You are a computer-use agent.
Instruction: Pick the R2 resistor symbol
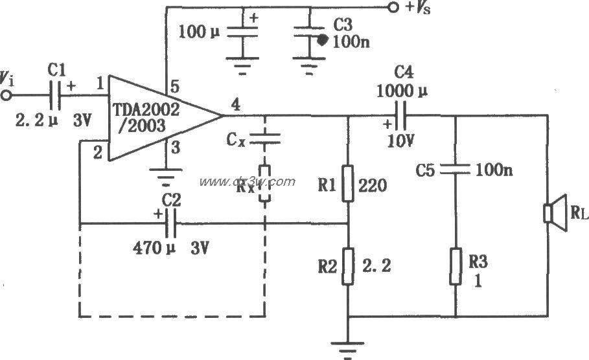349,266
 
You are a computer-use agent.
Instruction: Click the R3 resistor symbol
456,265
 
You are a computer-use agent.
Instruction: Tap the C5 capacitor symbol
456,169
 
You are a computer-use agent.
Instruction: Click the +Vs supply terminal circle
391,8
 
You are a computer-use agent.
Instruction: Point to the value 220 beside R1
373,186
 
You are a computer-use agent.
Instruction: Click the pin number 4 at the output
235,104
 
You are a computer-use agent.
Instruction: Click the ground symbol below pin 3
167,175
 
